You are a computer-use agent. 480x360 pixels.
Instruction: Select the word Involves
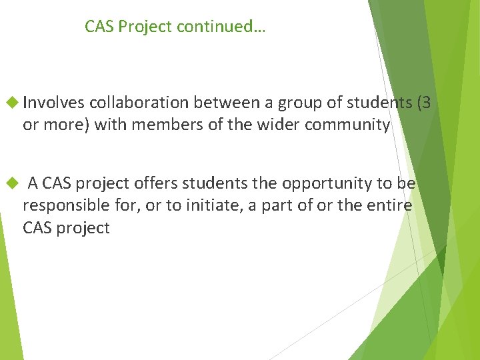click(x=53, y=103)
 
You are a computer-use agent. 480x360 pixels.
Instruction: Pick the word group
click(x=297, y=103)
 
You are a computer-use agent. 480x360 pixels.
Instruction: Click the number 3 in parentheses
click(x=427, y=103)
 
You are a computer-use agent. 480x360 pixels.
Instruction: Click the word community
click(x=347, y=125)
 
